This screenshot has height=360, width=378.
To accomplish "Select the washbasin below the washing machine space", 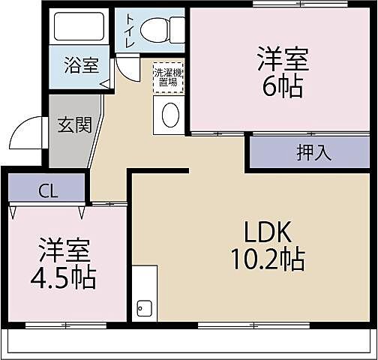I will click(170, 115).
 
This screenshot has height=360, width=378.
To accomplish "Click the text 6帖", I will click(282, 87).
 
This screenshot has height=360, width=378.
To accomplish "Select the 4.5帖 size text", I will click(63, 278).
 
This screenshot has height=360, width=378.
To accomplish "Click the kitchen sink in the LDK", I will click(143, 307).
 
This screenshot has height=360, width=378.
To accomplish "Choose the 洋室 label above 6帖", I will click(283, 58).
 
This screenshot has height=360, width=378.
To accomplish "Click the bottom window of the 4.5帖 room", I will click(65, 325).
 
